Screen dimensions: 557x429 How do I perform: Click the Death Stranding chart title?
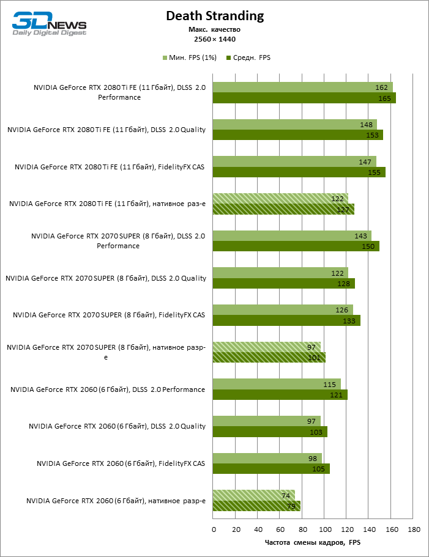tap(215, 16)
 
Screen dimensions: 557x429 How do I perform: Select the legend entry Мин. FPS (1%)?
tap(190, 57)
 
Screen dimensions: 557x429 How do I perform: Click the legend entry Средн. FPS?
tap(248, 57)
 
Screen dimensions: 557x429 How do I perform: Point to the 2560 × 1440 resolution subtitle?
tap(215, 39)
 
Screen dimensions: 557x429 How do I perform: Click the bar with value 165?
tap(304, 98)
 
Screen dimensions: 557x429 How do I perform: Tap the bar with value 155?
tap(299, 172)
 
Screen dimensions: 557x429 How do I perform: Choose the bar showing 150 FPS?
tap(296, 246)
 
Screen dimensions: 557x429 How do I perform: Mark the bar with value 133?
tap(286, 320)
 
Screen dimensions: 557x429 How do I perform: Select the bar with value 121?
tap(280, 395)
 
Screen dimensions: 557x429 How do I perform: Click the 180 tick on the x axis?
tap(414, 529)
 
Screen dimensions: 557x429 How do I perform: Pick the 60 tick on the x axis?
tap(280, 529)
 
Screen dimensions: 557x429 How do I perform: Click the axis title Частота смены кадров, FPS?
tap(313, 542)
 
